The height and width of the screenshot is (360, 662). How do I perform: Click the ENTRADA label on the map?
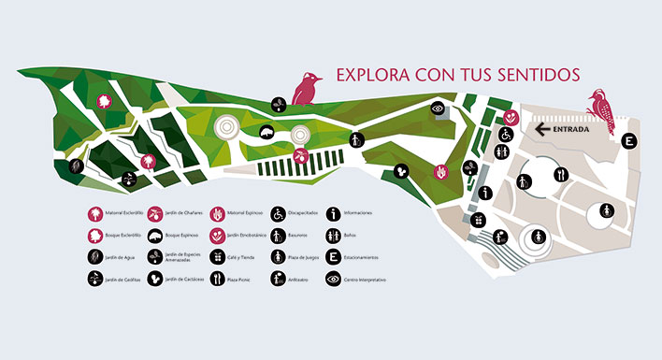coord(570,130)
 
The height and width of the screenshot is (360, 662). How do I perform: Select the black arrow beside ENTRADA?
coord(542,130)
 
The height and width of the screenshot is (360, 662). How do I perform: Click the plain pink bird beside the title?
coord(304,89)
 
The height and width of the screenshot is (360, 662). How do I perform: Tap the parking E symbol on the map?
coord(630,141)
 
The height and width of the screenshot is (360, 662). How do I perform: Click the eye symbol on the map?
coord(438,108)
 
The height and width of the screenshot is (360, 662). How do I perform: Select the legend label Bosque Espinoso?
coord(178,236)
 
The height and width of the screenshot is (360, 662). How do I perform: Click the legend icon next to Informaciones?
coord(334,213)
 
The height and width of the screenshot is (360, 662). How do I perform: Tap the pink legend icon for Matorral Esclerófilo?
coord(94,213)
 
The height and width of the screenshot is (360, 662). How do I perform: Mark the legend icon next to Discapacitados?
coord(278,213)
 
